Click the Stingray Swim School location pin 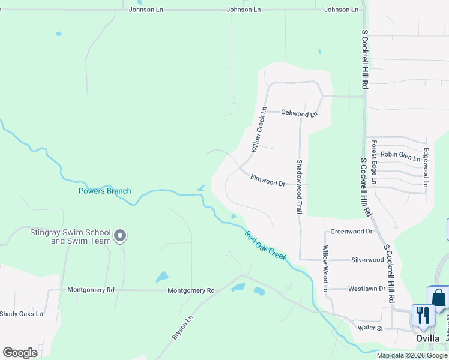click(120, 235)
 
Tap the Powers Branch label click(104, 191)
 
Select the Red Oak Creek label click(265, 246)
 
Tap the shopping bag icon click(438, 298)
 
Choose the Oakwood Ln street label click(299, 113)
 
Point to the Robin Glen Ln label click(400, 156)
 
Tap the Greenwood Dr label click(352, 231)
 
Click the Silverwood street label click(367, 260)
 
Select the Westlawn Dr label click(366, 289)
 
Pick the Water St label click(370, 328)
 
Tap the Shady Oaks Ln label click(22, 314)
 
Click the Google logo click(20, 352)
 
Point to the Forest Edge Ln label click(373, 162)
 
